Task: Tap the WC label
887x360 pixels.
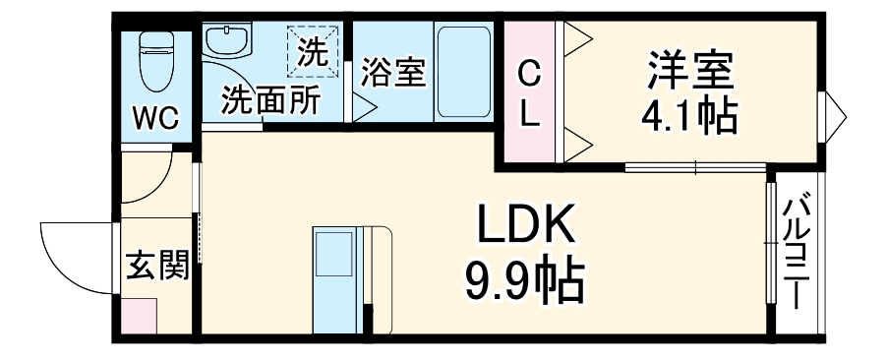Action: [x=156, y=119]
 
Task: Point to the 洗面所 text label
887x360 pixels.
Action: [x=268, y=101]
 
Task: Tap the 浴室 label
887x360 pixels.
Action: [x=392, y=73]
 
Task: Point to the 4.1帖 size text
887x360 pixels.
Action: [x=689, y=117]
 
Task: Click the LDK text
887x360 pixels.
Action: [x=525, y=228]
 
